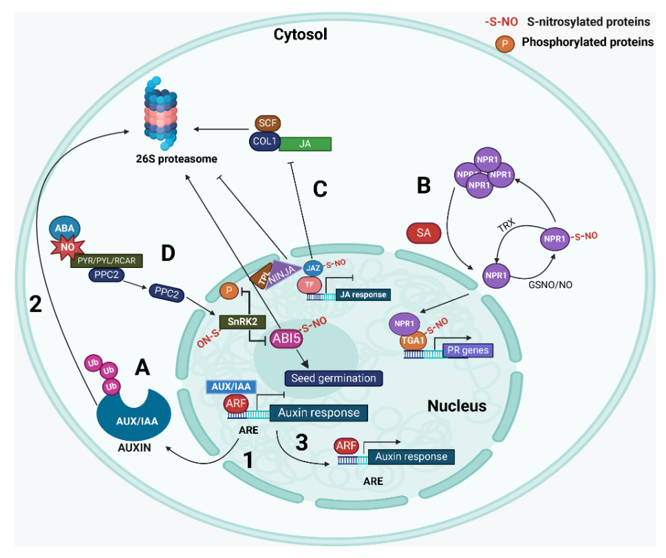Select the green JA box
tap(305, 143)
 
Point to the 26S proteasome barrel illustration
tap(160, 112)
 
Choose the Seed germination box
tap(334, 378)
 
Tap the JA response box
tap(362, 295)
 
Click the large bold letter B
tap(425, 184)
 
